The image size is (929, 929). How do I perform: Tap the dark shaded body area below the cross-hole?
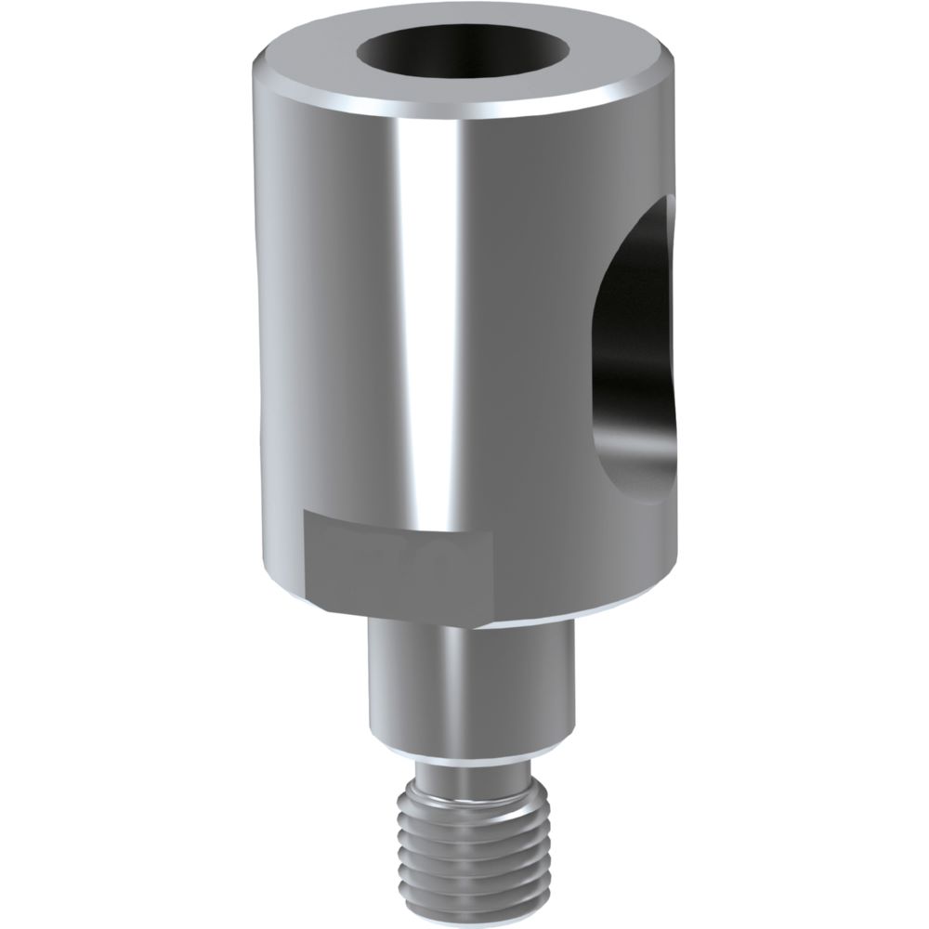point(641,548)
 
